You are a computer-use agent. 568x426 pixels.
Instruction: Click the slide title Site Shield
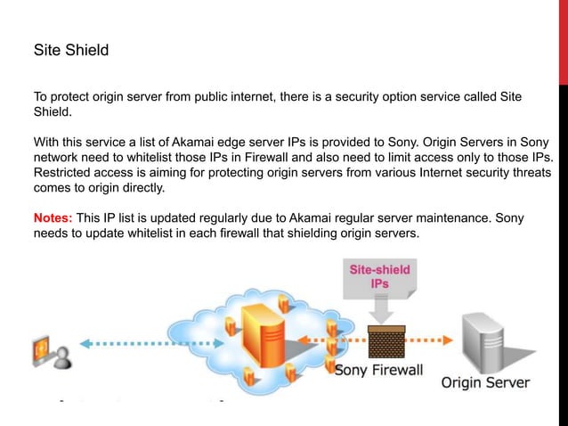[70, 50]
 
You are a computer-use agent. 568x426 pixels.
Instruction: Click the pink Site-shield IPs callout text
[378, 274]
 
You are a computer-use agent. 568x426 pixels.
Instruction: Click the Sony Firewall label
[378, 370]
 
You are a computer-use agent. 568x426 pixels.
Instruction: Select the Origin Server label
[486, 383]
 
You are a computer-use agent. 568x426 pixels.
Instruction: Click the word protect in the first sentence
[73, 95]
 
